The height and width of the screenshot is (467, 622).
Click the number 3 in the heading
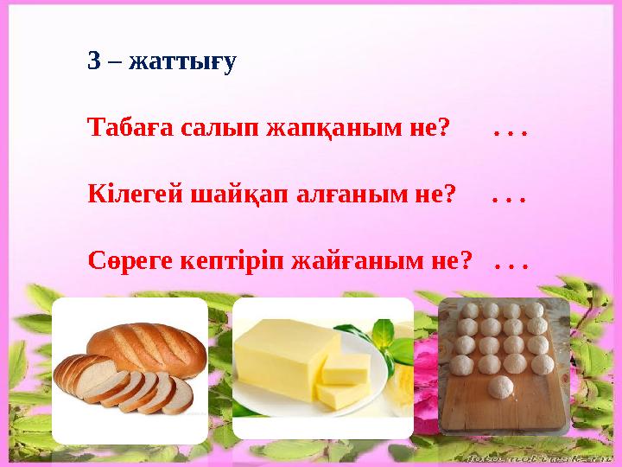93,62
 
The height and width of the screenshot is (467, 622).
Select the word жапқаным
317,130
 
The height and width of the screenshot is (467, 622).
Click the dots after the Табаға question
511,131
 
